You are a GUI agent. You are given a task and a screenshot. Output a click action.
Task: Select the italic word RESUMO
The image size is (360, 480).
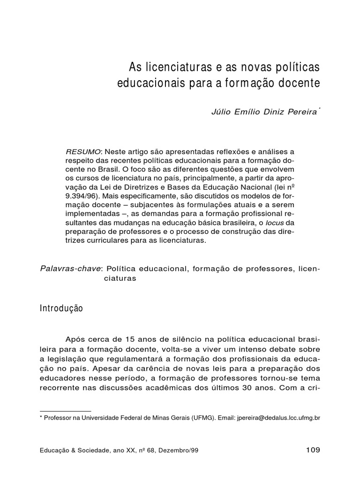pyautogui.click(x=83, y=152)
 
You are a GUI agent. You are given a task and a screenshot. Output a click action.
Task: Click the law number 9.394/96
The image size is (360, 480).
pyautogui.click(x=81, y=196)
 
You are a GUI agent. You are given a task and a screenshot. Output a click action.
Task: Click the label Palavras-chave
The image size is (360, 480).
pyautogui.click(x=71, y=269)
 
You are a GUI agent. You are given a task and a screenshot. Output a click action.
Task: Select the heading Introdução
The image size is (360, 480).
pyautogui.click(x=61, y=308)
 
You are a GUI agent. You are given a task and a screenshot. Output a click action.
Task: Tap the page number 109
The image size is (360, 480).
pyautogui.click(x=312, y=450)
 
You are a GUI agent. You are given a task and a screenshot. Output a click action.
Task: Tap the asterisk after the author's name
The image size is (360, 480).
pyautogui.click(x=319, y=110)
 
